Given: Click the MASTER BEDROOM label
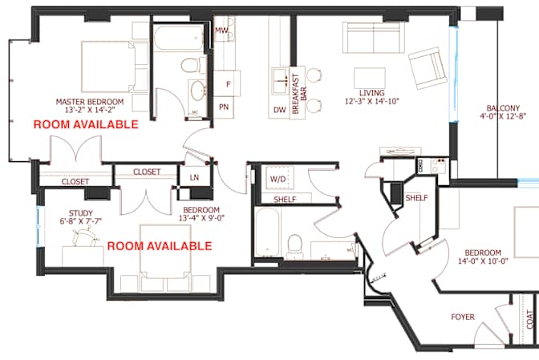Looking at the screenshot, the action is (89, 102).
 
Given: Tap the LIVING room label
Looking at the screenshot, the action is (372, 93).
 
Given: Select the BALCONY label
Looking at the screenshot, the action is (503, 108).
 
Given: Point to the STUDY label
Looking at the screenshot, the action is (81, 213).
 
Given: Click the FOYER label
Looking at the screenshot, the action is (463, 317).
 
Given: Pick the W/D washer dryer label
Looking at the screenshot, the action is (278, 179).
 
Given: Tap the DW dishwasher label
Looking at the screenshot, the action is (280, 110).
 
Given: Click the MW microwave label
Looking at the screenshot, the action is (221, 30).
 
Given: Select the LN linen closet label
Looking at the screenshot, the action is (194, 177).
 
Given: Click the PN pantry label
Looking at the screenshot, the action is (224, 107).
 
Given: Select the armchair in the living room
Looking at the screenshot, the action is (428, 68).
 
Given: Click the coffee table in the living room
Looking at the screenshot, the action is (370, 78).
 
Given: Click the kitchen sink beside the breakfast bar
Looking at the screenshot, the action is (281, 81).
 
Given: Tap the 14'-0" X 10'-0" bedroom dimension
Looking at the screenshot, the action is (484, 261).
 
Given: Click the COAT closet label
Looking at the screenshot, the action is (531, 319).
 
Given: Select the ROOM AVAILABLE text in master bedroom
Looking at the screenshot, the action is (86, 124).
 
